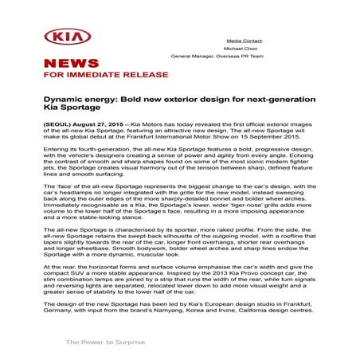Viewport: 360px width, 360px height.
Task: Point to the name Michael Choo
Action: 245,48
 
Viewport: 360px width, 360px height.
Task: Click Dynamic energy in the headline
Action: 72,102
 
